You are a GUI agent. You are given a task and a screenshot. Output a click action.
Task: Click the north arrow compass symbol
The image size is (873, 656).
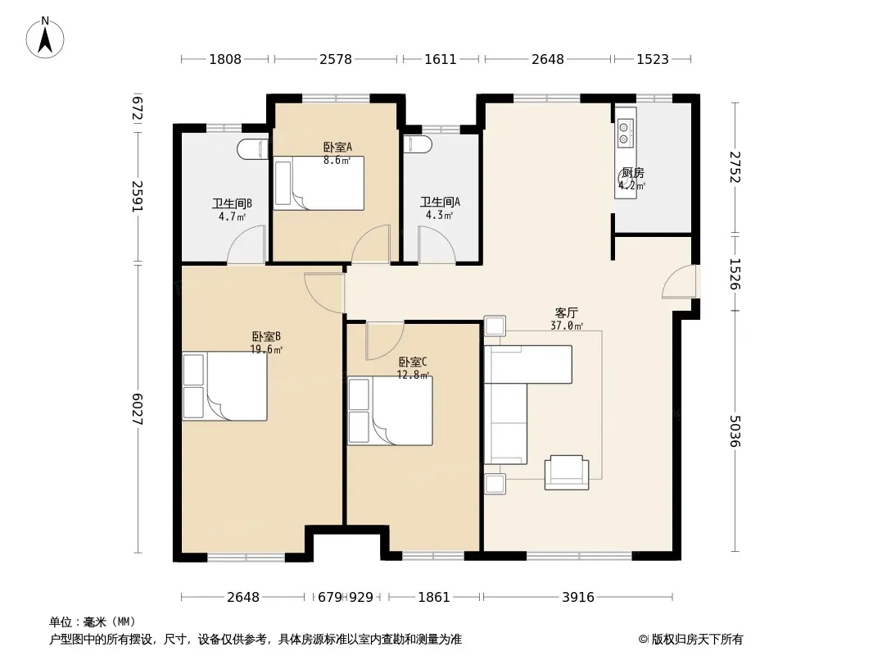(45, 38)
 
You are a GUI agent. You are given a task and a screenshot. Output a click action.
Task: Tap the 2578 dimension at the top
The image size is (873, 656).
(336, 59)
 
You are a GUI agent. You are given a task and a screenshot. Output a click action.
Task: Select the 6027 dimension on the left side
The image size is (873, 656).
(138, 409)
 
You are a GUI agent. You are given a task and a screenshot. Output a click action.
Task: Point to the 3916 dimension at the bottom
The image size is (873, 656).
(578, 597)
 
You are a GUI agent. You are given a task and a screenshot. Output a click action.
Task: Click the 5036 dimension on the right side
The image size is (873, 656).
(735, 430)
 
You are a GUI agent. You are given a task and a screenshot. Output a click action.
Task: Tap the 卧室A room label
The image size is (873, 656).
(337, 147)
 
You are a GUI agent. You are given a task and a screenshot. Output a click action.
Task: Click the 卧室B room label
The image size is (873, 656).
(266, 337)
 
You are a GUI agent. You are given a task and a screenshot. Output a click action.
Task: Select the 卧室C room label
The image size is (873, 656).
(413, 362)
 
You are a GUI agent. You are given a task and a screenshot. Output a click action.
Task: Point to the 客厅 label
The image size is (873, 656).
(567, 313)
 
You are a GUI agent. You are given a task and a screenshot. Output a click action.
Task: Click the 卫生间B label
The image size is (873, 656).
(232, 203)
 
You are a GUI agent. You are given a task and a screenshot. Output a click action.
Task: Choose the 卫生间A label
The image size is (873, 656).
(440, 202)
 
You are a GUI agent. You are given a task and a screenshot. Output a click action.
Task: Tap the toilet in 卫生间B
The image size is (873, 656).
(253, 149)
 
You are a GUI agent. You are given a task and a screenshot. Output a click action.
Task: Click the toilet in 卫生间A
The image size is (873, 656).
(418, 144)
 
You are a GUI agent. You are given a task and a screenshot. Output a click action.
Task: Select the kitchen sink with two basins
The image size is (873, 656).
(626, 133)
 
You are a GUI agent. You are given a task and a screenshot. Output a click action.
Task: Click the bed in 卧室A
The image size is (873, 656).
(319, 183)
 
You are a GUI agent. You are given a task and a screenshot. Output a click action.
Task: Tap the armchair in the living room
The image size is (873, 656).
(567, 472)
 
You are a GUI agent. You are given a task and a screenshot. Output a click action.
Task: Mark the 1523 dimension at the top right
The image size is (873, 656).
(653, 59)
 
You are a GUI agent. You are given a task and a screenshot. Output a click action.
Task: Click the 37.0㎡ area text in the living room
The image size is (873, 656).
(567, 326)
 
